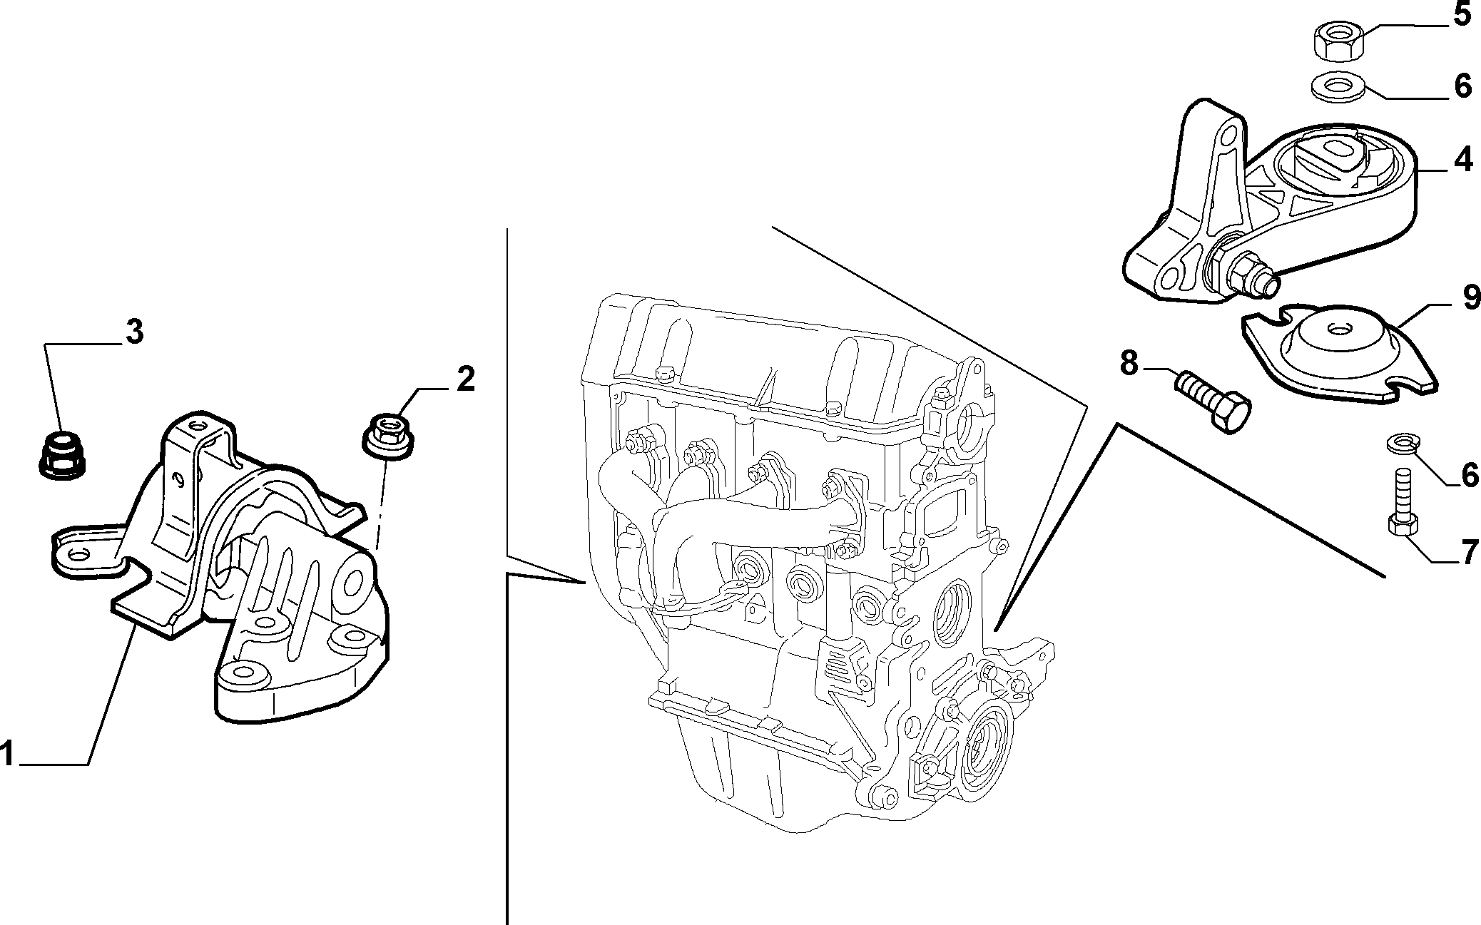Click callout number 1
(x=7, y=754)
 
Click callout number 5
(x=1462, y=14)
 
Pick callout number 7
(x=1468, y=553)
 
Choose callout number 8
(x=1129, y=363)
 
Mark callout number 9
(x=1470, y=297)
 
